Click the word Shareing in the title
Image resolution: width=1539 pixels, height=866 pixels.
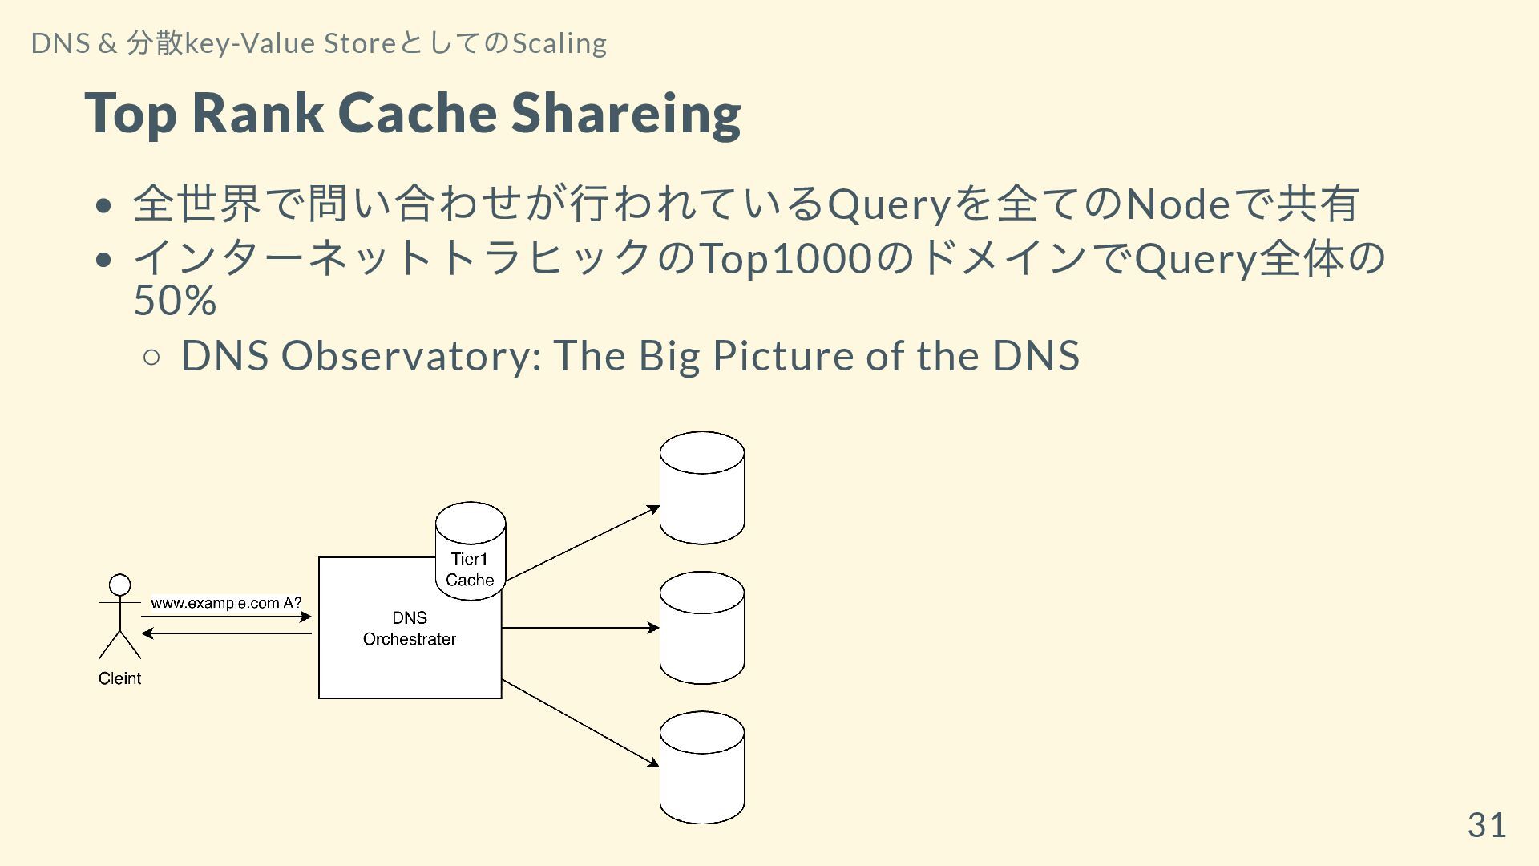[626, 114]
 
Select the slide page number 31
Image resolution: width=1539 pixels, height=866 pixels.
[1487, 825]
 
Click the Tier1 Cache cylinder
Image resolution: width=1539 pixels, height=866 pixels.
[471, 552]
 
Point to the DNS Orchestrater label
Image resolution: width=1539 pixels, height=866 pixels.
[410, 629]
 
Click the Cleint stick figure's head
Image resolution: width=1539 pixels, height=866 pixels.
[120, 585]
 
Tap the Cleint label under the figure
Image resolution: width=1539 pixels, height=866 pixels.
[119, 678]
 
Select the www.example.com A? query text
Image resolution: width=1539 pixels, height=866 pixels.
[226, 603]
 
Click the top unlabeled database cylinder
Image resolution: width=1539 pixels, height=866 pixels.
[702, 488]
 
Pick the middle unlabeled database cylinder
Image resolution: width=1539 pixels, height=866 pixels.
[702, 628]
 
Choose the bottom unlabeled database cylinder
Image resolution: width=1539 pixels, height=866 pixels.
[702, 767]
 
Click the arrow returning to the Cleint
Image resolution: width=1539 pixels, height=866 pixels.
[226, 633]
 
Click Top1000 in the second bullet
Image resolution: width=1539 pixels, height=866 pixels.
[786, 259]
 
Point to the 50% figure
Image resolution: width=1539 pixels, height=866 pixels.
[175, 301]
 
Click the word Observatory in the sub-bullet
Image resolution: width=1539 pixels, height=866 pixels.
[411, 355]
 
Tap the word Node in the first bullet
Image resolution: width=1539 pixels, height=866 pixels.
[1177, 204]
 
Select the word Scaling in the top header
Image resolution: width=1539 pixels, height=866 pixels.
[559, 43]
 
